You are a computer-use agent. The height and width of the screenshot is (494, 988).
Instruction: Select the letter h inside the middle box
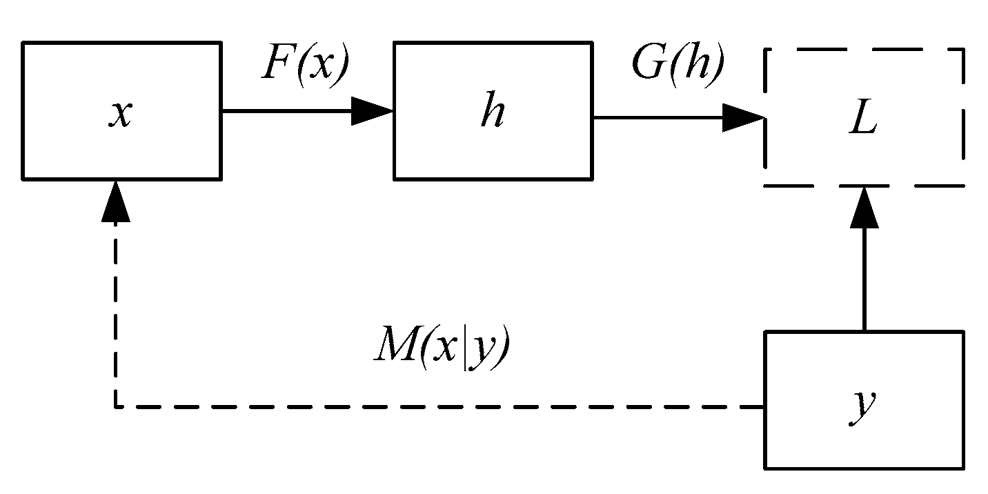tap(492, 113)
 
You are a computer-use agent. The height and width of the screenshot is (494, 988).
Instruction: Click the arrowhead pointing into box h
tap(373, 110)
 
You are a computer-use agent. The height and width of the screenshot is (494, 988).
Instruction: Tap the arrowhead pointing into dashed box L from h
tap(743, 118)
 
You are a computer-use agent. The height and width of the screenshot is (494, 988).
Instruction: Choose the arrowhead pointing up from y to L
tap(863, 208)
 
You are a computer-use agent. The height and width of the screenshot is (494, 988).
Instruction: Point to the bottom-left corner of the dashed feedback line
tap(115, 407)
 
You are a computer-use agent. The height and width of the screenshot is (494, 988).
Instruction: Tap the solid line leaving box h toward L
tap(655, 118)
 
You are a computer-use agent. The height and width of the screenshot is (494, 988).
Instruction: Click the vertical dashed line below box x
tap(115, 310)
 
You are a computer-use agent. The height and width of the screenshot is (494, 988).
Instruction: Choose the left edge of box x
tap(23, 110)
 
